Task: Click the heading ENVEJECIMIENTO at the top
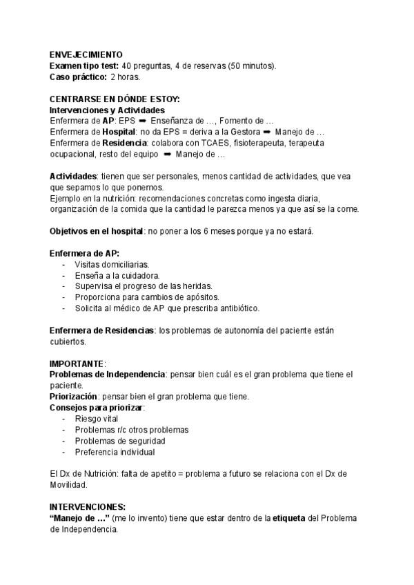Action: [86, 54]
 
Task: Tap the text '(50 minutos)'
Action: [253, 66]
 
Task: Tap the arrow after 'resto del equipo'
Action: [168, 154]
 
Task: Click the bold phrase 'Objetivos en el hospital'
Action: [96, 230]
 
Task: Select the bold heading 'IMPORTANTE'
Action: [77, 363]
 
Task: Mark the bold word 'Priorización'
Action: [72, 397]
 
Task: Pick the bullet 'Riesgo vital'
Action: [96, 419]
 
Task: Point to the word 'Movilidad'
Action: [68, 485]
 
